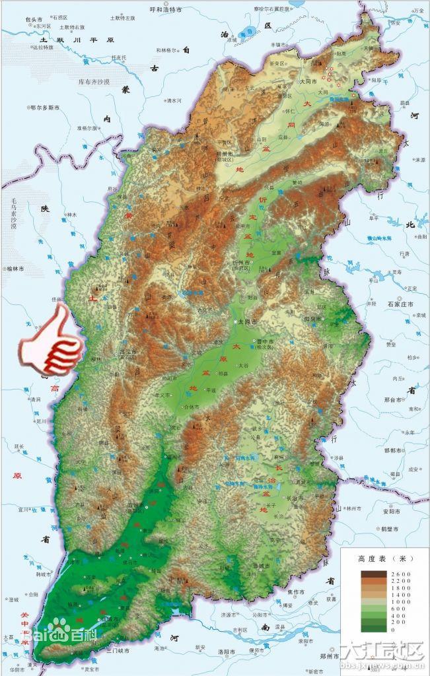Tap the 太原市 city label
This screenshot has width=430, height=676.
tap(249, 321)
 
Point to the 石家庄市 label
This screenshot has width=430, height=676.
tap(400, 304)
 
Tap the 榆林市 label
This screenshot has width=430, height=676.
tap(15, 269)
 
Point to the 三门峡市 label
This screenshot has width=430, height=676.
tap(116, 651)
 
